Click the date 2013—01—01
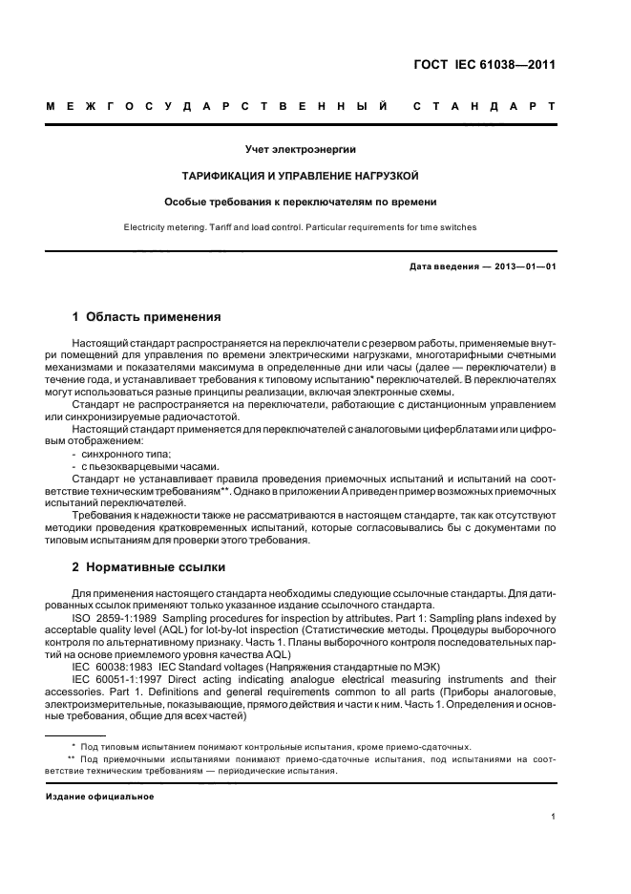523,266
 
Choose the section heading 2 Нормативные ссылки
149,567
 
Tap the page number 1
554,816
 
